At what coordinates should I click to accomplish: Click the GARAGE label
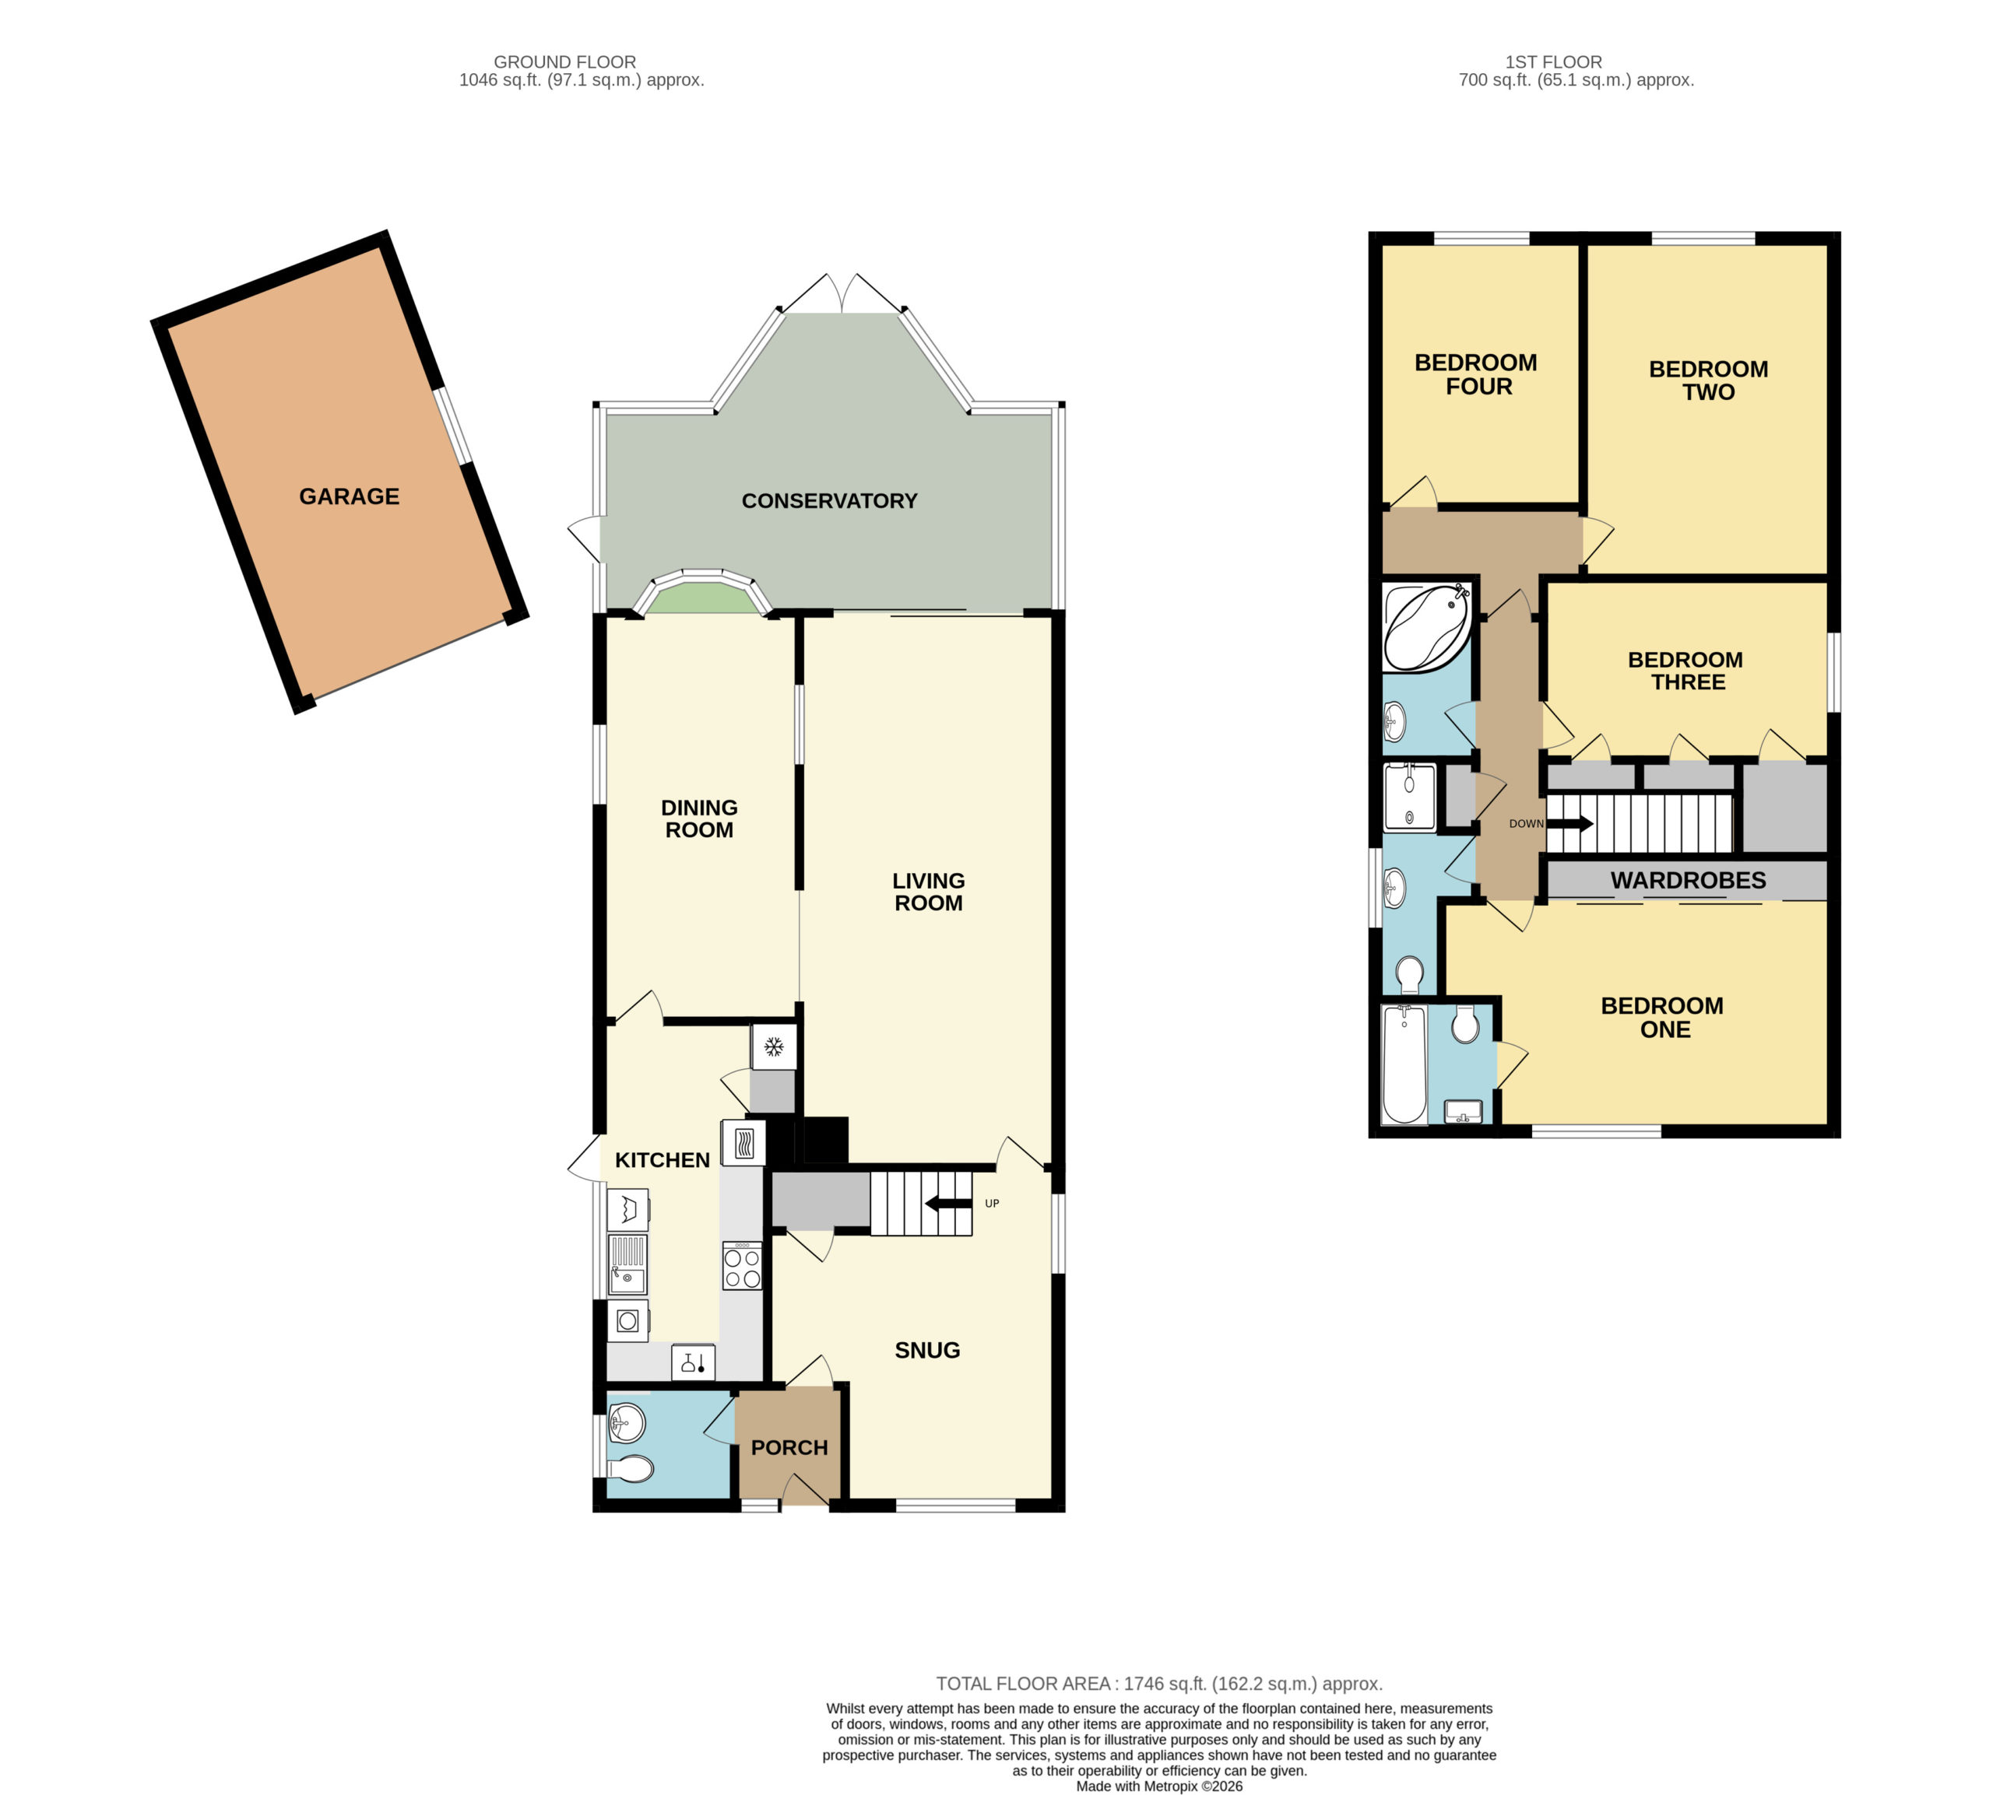[350, 496]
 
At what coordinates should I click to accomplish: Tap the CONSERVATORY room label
[829, 501]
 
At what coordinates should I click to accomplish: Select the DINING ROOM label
[698, 819]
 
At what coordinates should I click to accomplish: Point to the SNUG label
[926, 1350]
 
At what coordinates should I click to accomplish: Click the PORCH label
[789, 1447]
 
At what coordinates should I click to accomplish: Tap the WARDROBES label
[1688, 880]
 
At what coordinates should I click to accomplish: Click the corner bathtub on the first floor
[1427, 627]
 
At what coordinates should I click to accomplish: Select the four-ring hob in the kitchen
[742, 1265]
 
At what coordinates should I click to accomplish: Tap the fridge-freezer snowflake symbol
[774, 1046]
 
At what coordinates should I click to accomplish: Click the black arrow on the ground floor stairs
[947, 1203]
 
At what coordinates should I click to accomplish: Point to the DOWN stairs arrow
[1569, 822]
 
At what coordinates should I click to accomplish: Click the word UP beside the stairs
[992, 1203]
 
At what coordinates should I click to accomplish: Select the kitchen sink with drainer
[627, 1264]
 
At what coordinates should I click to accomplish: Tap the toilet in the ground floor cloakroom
[631, 1470]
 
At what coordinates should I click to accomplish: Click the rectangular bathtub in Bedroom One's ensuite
[1404, 1064]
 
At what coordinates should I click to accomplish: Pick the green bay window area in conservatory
[701, 598]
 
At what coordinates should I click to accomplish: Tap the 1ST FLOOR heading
[1553, 62]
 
